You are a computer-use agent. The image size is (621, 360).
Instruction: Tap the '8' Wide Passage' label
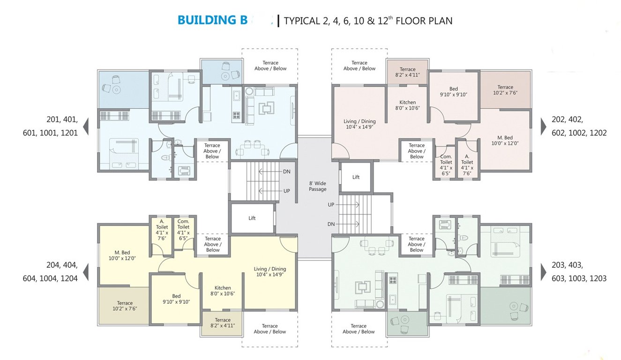pos(317,186)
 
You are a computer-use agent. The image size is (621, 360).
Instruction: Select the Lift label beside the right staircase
pos(356,177)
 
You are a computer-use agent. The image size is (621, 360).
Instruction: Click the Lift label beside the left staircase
pos(252,218)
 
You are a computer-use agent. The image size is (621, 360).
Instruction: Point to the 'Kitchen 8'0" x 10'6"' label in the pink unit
pos(407,105)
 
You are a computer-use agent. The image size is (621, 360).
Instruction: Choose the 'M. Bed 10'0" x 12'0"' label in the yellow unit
pos(122,255)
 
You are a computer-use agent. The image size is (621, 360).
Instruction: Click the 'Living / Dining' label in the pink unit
pos(359,124)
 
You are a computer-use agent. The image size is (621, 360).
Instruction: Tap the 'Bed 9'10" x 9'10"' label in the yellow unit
pos(176,299)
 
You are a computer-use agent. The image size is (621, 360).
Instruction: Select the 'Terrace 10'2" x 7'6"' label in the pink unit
pos(505,90)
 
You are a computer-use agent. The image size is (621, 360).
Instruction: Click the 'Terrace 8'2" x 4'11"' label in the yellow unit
pos(223,323)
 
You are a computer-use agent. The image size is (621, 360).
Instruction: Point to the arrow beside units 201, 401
pos(86,126)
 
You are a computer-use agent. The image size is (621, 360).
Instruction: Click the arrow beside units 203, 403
pos(543,272)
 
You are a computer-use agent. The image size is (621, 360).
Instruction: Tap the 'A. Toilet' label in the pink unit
pos(467,165)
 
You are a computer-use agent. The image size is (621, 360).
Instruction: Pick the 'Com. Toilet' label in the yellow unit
pos(183,229)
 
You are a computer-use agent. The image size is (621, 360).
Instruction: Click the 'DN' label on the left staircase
pos(286,172)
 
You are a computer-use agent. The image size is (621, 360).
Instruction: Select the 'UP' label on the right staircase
pos(331,205)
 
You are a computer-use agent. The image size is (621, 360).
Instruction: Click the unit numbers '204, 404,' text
pos(62,265)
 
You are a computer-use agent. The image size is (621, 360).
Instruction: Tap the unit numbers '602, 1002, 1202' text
pos(579,133)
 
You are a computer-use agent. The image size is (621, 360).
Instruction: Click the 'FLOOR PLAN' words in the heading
pos(424,21)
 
